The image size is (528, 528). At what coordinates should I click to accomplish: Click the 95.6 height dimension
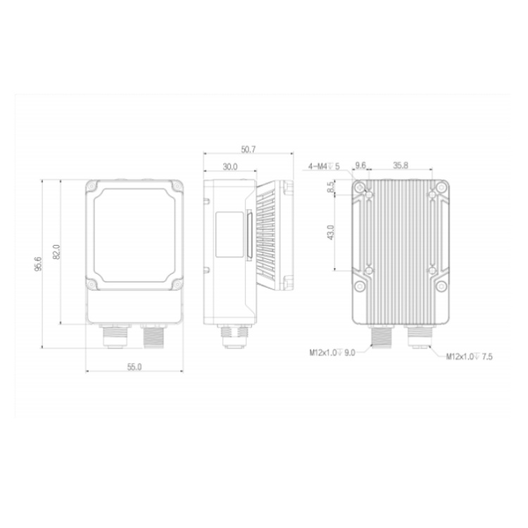coord(38,264)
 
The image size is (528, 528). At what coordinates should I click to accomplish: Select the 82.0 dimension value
coord(57,251)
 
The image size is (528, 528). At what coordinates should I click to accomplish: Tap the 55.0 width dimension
coord(134,367)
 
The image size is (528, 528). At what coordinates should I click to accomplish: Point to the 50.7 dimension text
coord(249,149)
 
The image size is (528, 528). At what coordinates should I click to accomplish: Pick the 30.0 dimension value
coord(230,167)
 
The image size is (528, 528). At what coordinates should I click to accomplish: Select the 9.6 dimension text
coord(360,165)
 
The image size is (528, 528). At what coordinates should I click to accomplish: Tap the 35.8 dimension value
coord(401,165)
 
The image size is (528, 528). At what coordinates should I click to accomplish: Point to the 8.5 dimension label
coord(332,187)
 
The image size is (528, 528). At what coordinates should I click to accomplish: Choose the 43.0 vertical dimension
coord(331,232)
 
